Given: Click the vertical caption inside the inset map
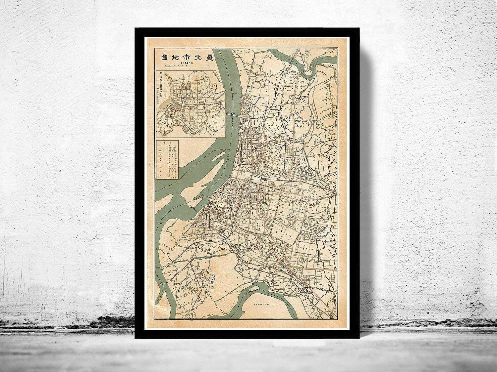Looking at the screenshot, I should click(x=161, y=96).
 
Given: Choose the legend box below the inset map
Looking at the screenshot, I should click(x=167, y=158).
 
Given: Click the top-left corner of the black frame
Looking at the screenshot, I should click(x=135, y=28).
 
